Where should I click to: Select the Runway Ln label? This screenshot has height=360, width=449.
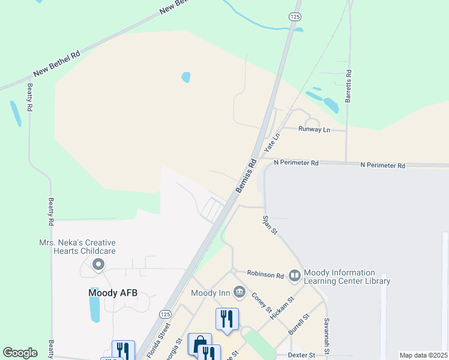(315, 129)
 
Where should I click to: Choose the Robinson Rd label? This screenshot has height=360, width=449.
(265, 275)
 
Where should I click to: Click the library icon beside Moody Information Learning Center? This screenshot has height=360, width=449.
(295, 276)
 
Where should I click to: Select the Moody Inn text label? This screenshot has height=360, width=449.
(211, 293)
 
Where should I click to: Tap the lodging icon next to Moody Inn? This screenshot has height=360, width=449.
(240, 292)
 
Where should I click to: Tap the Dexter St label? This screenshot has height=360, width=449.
(301, 355)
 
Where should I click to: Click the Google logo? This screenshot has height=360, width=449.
(20, 353)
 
